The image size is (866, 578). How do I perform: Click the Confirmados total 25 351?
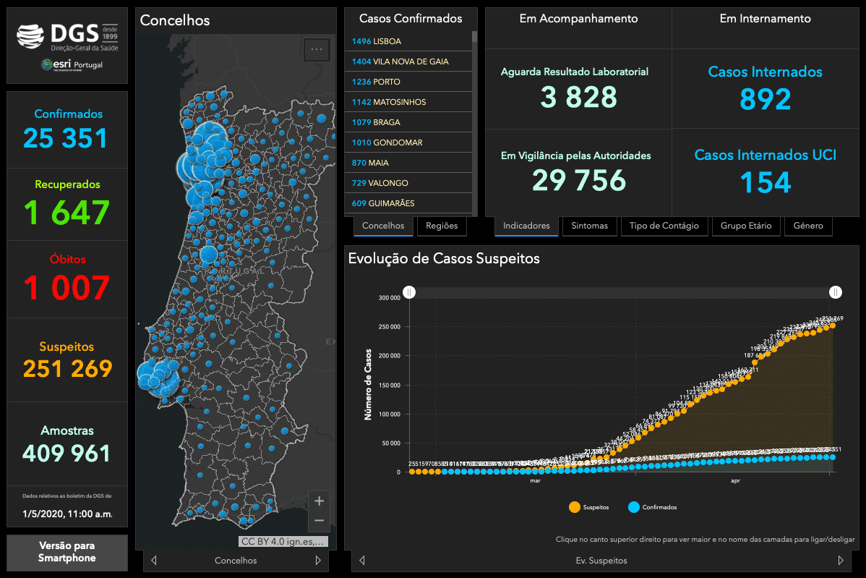66,138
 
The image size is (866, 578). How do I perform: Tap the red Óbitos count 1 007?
67,287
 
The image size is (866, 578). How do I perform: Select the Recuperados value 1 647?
67,213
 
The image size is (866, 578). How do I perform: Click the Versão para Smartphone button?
67,552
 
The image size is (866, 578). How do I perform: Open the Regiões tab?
442,226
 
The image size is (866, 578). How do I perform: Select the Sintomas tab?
589,226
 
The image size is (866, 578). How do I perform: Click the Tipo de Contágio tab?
664,226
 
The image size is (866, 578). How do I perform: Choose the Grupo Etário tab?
745,226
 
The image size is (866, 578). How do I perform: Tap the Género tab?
807,226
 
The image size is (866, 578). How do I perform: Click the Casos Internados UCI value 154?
766,182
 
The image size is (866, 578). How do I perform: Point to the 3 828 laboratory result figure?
578,97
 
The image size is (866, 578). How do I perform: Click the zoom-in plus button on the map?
320,501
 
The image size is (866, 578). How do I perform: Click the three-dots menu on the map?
317,49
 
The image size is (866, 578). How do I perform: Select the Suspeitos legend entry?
589,507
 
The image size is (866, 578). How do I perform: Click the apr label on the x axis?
735,480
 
